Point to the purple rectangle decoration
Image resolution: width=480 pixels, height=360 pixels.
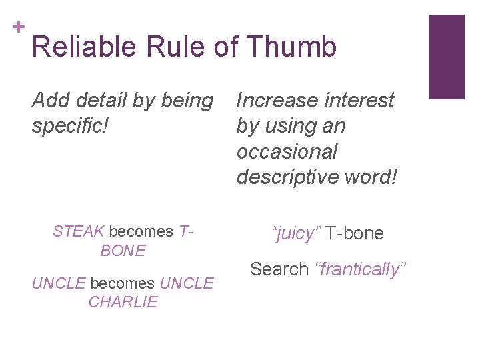click(446, 57)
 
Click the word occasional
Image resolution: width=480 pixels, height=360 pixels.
click(287, 151)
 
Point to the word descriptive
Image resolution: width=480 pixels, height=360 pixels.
click(289, 177)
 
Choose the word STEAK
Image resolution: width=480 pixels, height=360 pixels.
click(79, 231)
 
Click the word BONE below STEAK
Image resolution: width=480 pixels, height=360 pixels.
click(123, 251)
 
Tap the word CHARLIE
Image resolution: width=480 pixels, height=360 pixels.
click(123, 301)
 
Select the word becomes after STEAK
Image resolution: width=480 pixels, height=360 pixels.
click(141, 231)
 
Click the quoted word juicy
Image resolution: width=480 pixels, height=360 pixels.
click(296, 233)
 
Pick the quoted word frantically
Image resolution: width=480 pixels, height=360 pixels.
click(360, 269)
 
